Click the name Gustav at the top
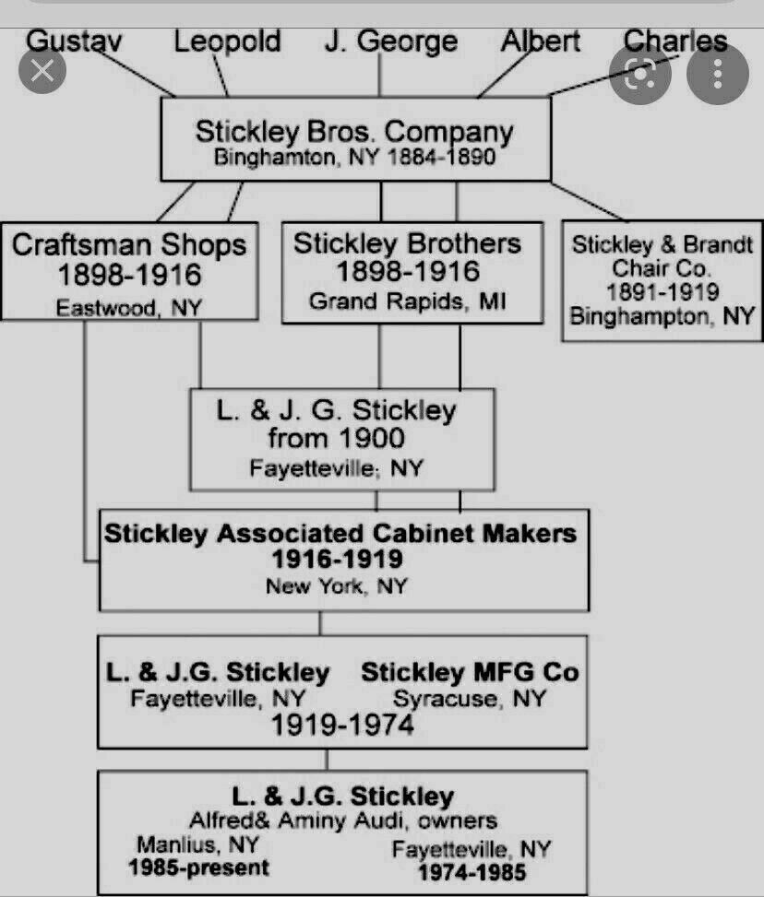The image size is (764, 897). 74,41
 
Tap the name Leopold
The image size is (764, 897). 227,41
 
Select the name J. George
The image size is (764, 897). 391,41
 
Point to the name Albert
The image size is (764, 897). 540,41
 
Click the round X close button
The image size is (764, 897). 42,71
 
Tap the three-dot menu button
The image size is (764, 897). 718,74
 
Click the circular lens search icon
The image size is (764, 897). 639,74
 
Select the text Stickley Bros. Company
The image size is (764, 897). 354,132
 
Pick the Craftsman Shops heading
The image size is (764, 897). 129,245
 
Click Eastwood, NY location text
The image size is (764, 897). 129,308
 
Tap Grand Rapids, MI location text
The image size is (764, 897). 408,301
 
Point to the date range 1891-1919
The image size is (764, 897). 663,291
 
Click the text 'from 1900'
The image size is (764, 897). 337,439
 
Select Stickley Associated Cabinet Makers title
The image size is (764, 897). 340,533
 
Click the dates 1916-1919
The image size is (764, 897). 338,559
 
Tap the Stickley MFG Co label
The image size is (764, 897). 470,672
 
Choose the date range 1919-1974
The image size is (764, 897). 342,725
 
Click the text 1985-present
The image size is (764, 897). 198,867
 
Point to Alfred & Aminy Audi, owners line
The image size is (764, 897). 343,820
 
